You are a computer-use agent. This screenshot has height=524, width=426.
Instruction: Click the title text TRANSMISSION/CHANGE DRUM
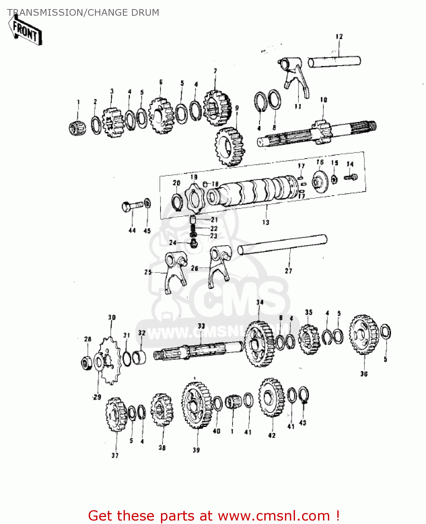(83, 13)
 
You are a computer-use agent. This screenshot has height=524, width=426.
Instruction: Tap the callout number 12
(339, 36)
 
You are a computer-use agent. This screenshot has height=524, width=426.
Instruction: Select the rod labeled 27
(282, 245)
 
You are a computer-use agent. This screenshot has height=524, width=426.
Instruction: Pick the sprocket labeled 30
(110, 360)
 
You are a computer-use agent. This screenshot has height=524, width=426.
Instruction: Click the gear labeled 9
(229, 146)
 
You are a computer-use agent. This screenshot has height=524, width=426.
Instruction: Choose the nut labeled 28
(86, 362)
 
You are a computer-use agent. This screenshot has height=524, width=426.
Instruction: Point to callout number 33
(201, 326)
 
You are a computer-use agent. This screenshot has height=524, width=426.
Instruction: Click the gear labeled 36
(364, 335)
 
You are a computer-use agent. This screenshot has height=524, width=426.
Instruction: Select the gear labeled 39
(197, 405)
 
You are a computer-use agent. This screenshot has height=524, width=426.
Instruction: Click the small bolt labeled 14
(350, 177)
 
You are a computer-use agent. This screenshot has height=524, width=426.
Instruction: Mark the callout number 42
(272, 435)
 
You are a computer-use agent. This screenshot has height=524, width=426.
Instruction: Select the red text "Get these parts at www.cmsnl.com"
(214, 516)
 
